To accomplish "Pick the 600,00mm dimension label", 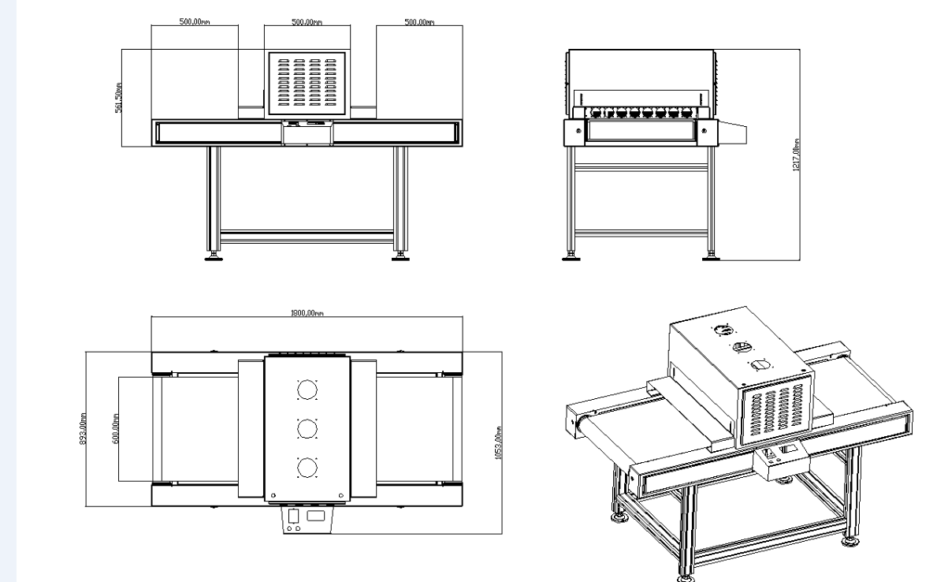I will [x=114, y=429].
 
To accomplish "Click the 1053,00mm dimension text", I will [x=496, y=442].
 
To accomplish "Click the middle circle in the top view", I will [x=306, y=428].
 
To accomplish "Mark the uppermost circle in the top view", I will [x=306, y=390].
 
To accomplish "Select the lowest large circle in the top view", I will [x=306, y=468].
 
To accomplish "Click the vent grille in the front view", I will [x=307, y=83].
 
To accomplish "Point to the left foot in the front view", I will [x=213, y=255].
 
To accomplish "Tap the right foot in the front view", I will [x=400, y=255].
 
